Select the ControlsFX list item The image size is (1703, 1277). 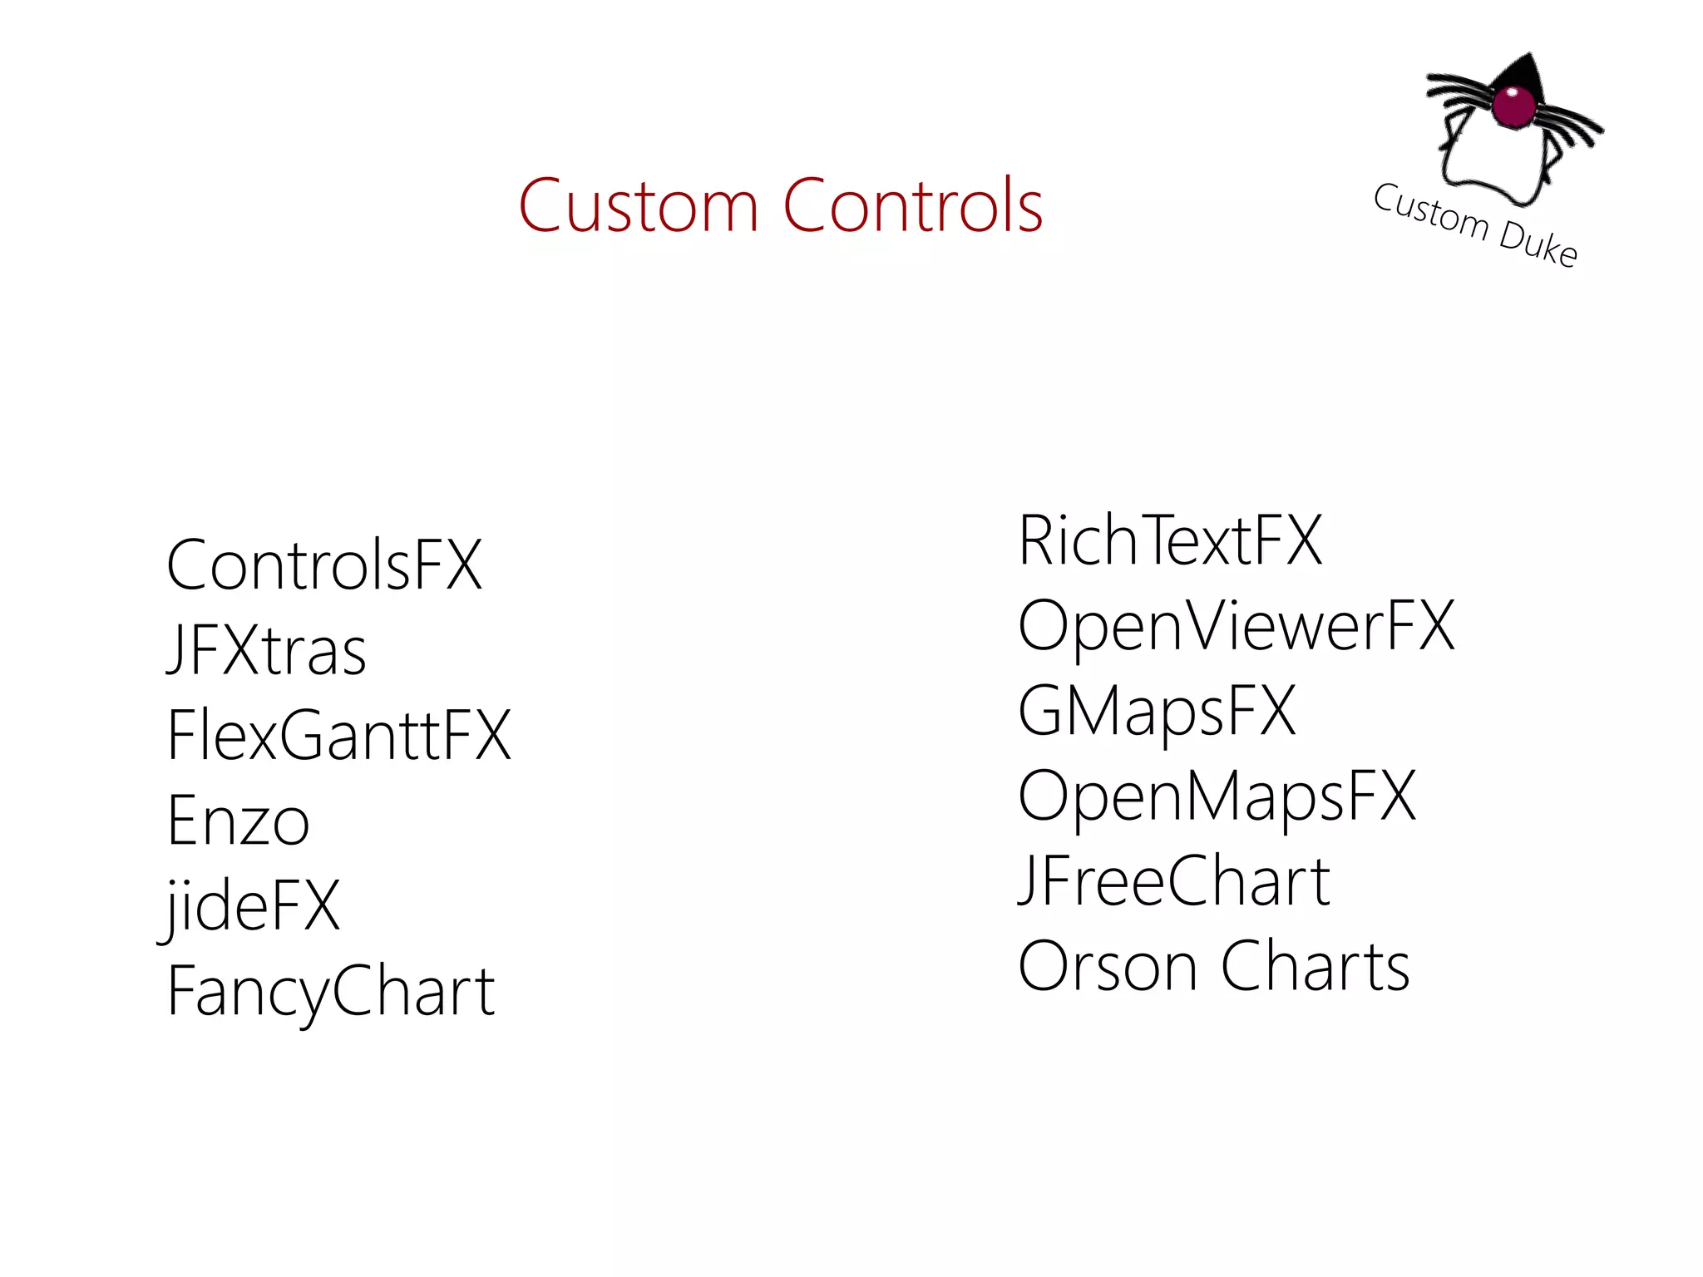pos(324,565)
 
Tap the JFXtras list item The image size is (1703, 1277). pos(266,650)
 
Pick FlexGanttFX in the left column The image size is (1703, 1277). pos(338,736)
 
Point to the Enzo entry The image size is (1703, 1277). pos(239,821)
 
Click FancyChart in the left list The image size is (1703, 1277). pos(331,991)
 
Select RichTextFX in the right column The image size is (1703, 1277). pos(1170,540)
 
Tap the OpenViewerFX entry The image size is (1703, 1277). pos(1237,626)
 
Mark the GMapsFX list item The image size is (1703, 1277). pos(1157,711)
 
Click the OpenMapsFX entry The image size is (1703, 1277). pos(1217,796)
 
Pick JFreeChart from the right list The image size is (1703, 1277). pos(1174,881)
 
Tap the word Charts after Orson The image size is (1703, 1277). pos(1316,966)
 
